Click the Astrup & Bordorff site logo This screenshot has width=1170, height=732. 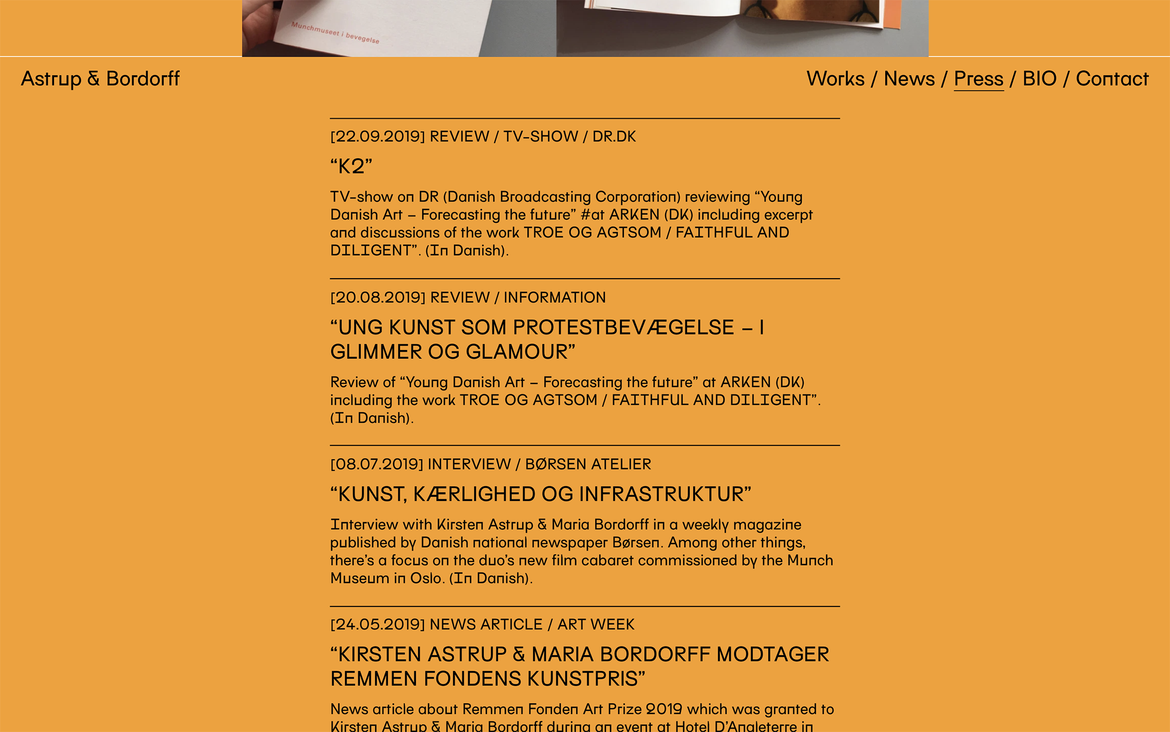click(100, 79)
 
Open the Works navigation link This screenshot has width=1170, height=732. click(835, 79)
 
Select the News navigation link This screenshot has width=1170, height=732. click(909, 79)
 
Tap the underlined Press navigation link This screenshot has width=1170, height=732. click(978, 79)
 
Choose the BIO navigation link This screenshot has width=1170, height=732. click(1039, 79)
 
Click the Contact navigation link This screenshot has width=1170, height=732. click(1112, 79)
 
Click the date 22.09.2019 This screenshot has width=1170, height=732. click(377, 137)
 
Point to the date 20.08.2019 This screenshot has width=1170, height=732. click(378, 298)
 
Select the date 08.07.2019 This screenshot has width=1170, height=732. click(376, 465)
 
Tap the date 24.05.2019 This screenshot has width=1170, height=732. click(377, 624)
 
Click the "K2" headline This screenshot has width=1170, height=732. click(351, 166)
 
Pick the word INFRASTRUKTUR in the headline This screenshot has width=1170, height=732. click(664, 494)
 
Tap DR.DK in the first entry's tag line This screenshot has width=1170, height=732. click(614, 137)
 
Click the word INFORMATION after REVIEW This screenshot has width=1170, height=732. click(555, 298)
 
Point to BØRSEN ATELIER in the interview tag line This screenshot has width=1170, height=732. click(588, 465)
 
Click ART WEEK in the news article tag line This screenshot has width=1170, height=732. click(596, 624)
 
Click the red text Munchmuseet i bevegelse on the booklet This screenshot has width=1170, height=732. click(335, 33)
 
